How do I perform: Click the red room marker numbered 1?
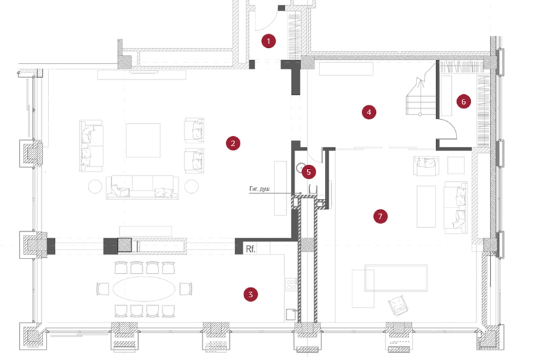pyautogui.click(x=268, y=41)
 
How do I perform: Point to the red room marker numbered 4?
pyautogui.click(x=369, y=112)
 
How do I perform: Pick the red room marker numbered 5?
pyautogui.click(x=309, y=172)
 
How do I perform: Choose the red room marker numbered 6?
pyautogui.click(x=464, y=101)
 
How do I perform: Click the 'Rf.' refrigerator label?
pyautogui.click(x=250, y=249)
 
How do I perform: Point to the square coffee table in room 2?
pyautogui.click(x=143, y=140)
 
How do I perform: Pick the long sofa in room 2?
pyautogui.click(x=142, y=186)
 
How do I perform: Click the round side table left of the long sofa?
pyautogui.click(x=96, y=186)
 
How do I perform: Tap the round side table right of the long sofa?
pyautogui.click(x=191, y=186)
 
